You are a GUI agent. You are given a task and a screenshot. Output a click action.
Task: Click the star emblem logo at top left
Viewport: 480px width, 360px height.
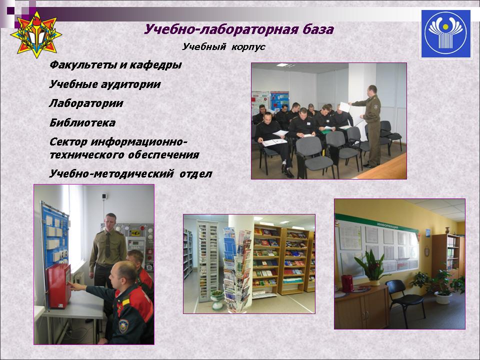(36, 34)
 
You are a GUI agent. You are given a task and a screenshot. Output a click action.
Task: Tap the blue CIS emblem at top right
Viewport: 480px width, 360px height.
(445, 34)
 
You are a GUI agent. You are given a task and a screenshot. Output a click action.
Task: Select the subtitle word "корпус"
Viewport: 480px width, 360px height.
(248, 47)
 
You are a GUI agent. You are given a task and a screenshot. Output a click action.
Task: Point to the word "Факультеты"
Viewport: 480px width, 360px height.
(82, 65)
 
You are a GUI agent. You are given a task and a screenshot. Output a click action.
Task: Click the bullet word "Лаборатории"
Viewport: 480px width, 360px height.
(86, 103)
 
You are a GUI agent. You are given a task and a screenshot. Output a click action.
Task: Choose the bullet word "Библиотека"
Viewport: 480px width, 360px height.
(82, 123)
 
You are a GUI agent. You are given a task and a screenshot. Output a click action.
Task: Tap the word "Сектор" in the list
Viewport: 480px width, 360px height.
(68, 142)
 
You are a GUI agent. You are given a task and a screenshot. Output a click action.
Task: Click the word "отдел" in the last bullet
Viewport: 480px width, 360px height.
(196, 174)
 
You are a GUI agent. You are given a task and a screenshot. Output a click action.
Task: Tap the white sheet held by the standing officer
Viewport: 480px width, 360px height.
(345, 107)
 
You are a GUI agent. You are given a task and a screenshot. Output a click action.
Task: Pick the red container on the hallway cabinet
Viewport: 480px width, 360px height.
(347, 283)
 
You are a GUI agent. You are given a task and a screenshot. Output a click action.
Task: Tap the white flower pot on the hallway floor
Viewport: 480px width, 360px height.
(443, 297)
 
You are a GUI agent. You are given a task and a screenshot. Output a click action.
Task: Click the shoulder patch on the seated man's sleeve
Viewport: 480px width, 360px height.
(123, 326)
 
